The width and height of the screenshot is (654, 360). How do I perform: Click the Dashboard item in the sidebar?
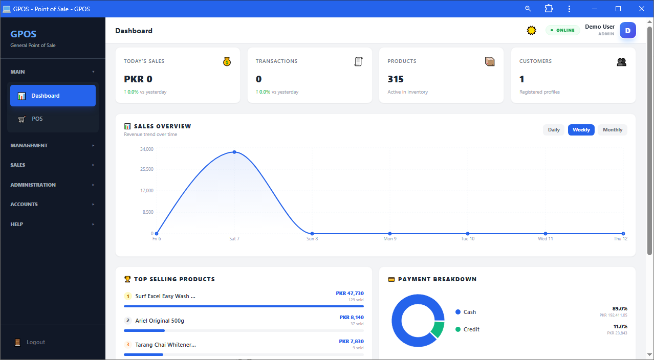(x=53, y=96)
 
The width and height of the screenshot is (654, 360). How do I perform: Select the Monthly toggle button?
(x=613, y=130)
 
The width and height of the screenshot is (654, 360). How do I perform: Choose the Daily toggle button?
(x=554, y=130)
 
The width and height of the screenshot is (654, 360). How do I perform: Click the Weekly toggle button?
(x=581, y=130)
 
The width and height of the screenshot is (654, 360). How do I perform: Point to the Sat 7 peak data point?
(x=234, y=152)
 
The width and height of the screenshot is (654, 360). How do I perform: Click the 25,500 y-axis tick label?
(x=146, y=169)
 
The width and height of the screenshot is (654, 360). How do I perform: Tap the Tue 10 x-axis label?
(x=468, y=239)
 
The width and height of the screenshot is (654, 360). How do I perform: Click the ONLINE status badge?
(x=562, y=30)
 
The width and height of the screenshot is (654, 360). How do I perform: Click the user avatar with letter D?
(x=628, y=30)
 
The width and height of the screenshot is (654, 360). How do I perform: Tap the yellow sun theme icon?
(x=531, y=30)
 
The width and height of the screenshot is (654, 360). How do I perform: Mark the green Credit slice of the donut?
(x=438, y=329)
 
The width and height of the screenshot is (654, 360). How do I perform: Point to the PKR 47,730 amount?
(x=350, y=293)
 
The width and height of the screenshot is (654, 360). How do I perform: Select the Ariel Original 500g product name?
(x=160, y=321)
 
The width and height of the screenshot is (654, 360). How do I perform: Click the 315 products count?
(x=396, y=79)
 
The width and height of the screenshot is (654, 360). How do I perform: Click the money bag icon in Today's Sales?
(x=227, y=61)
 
